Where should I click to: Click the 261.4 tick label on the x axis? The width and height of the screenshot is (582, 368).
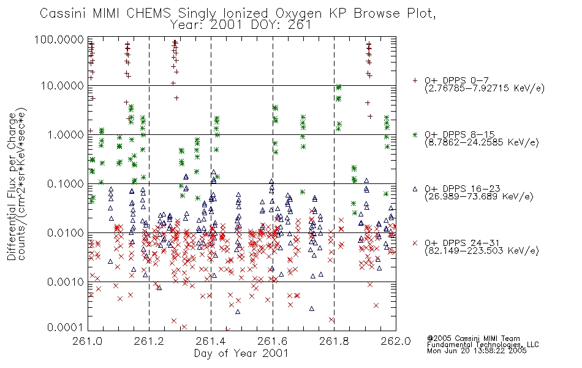(211, 341)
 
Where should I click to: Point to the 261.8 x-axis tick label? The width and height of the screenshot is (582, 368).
(334, 341)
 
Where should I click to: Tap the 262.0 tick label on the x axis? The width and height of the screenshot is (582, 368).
(396, 341)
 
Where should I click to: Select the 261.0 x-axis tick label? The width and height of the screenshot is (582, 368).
(88, 341)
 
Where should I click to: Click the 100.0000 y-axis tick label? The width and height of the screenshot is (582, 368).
(59, 39)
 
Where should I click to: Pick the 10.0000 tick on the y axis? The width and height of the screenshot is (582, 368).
(62, 86)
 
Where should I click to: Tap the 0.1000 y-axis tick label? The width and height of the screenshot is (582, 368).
(66, 184)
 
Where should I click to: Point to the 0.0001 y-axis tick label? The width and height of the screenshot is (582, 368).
(66, 328)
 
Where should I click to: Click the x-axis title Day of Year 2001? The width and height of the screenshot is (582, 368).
(241, 353)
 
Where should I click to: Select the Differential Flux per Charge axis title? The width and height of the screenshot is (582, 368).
(12, 186)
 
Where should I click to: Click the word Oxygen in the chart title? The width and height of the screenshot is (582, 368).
(298, 13)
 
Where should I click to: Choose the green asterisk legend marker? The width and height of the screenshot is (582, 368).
(415, 134)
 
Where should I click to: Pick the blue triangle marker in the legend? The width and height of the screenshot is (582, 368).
(415, 189)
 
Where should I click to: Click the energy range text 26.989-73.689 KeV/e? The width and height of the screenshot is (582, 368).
(479, 197)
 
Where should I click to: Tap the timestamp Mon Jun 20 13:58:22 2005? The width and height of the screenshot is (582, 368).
(477, 351)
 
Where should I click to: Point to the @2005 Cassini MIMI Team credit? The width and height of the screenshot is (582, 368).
(473, 339)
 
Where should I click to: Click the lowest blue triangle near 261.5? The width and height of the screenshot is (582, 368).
(238, 312)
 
